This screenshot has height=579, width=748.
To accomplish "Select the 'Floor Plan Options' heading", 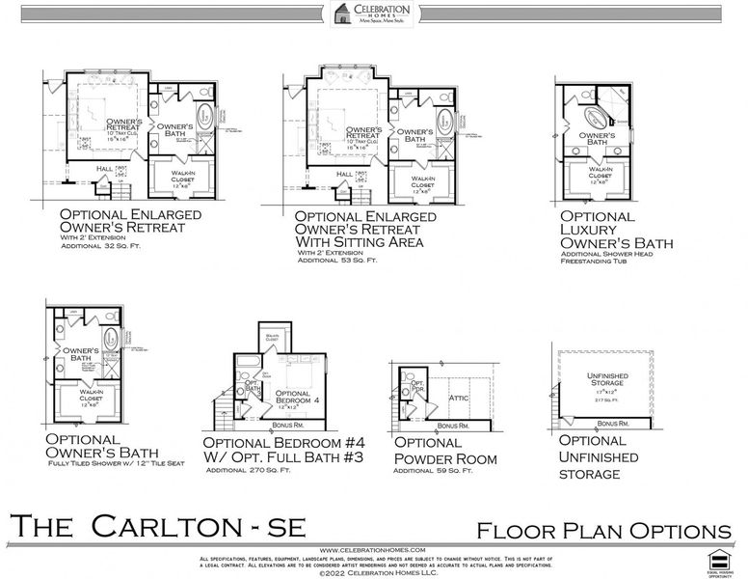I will tap(603, 530).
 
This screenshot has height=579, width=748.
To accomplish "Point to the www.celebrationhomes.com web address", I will tap(374, 550).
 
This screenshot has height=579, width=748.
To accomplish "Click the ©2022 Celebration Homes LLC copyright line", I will tap(374, 571).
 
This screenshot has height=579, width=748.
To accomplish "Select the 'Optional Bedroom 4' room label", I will tap(293, 398).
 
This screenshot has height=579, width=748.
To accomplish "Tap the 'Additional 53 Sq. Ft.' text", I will tap(337, 260).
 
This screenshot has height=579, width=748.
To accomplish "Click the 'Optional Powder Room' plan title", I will tap(445, 449).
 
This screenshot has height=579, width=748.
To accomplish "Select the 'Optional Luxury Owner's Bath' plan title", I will tap(616, 230).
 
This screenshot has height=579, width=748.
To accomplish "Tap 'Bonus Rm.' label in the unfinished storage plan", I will tap(612, 424).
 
